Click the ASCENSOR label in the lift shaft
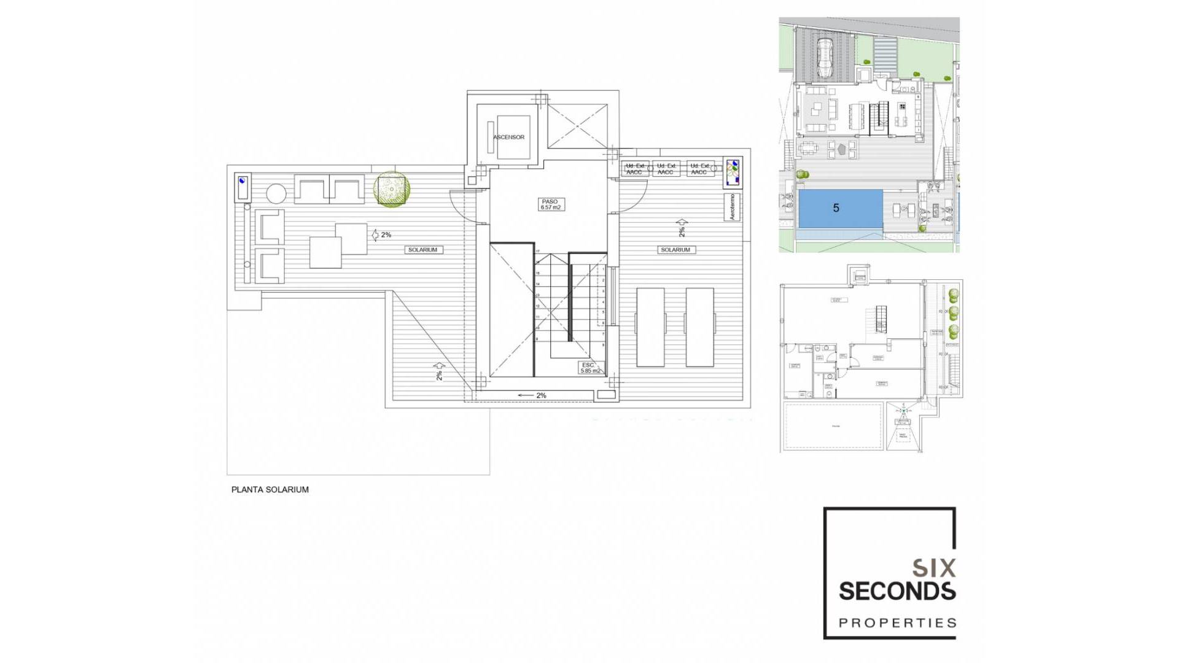point(508,137)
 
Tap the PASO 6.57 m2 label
point(550,204)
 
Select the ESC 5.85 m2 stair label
point(589,368)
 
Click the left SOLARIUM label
point(422,250)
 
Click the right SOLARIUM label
point(675,250)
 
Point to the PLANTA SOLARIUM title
point(270,489)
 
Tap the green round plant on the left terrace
point(392,188)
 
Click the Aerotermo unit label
point(732,207)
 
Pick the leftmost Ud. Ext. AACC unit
point(634,169)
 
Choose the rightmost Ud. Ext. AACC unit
point(699,169)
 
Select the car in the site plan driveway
point(824,56)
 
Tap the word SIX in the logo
point(933,568)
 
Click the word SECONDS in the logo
point(897,591)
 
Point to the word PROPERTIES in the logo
point(897,623)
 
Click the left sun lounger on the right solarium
point(650,327)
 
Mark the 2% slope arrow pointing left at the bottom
point(532,395)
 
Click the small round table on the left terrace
point(276,194)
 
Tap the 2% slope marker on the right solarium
point(682,228)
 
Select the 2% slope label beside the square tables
point(382,235)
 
